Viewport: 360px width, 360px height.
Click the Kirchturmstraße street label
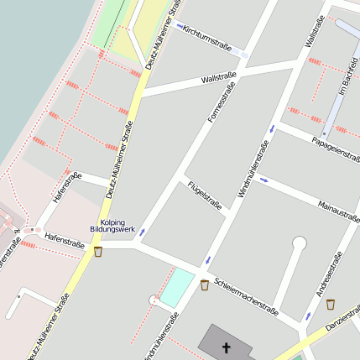(207, 34)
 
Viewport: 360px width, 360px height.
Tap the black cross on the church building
(225, 346)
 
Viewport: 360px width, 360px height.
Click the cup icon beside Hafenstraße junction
(98, 251)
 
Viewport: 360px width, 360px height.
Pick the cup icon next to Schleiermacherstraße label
(205, 285)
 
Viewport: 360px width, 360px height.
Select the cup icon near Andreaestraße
(330, 304)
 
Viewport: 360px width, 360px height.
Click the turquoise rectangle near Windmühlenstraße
(177, 287)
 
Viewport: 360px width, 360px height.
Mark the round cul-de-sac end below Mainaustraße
(299, 243)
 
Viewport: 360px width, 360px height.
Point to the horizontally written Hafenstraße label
(65, 243)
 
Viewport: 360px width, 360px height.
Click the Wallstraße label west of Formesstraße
(219, 78)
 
